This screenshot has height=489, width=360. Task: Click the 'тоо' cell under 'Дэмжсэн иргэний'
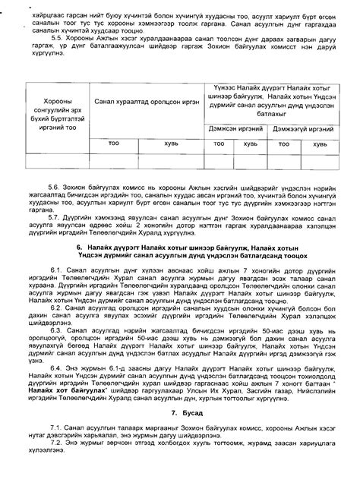(x=218, y=142)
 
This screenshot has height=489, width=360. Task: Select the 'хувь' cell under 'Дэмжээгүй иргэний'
(x=320, y=142)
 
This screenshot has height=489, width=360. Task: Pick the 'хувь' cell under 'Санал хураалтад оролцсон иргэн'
(x=172, y=142)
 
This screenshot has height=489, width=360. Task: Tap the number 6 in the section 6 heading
(x=80, y=247)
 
